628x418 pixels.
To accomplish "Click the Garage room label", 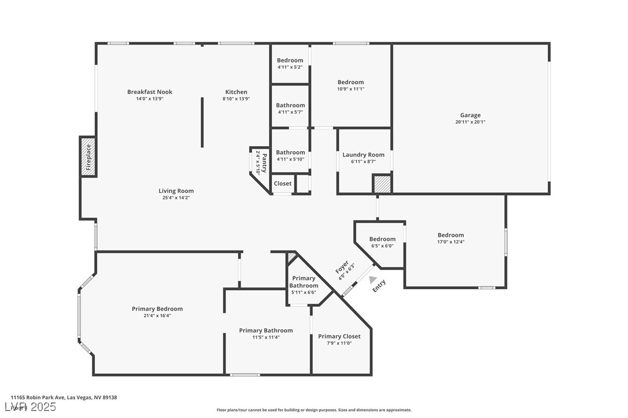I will [x=470, y=115].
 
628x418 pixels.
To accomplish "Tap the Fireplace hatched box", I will [x=88, y=156].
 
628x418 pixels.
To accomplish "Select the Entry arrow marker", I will [x=373, y=279].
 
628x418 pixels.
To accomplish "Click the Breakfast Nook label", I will [x=150, y=92].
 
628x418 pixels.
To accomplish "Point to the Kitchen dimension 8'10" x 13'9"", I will [x=236, y=99].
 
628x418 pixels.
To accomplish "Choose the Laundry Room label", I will [x=363, y=155].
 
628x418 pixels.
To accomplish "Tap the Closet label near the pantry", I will [x=283, y=184].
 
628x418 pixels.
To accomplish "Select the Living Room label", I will [x=176, y=191].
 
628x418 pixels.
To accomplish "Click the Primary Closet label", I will [x=339, y=337].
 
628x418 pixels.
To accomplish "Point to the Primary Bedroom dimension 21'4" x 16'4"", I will [x=157, y=316].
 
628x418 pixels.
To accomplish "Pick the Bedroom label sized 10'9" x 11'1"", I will [x=350, y=83].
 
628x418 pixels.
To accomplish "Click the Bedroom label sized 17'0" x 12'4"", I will [x=450, y=235].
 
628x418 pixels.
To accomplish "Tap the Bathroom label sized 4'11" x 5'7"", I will [x=290, y=105].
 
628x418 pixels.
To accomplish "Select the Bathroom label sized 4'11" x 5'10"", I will [x=290, y=152].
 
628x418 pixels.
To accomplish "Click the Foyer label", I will [x=342, y=268].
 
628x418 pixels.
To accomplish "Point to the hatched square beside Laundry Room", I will [x=382, y=185].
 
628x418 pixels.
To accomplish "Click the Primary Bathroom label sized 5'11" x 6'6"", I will [x=304, y=282].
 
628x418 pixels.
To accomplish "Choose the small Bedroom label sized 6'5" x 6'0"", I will [x=382, y=239].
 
